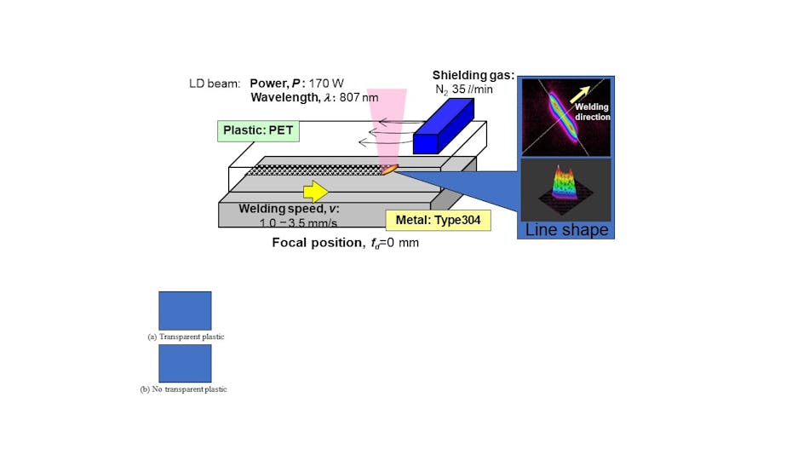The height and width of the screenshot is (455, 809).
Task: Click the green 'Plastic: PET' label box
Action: pyautogui.click(x=255, y=130)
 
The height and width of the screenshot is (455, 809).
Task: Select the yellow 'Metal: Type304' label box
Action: pyautogui.click(x=438, y=221)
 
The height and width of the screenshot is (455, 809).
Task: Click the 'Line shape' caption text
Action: pyautogui.click(x=566, y=230)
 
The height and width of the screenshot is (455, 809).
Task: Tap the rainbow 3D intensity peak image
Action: pyautogui.click(x=565, y=188)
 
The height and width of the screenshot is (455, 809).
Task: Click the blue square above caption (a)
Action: pyautogui.click(x=185, y=310)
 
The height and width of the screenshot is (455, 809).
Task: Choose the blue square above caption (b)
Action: pyautogui.click(x=185, y=363)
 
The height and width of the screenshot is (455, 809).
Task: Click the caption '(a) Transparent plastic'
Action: pyautogui.click(x=186, y=337)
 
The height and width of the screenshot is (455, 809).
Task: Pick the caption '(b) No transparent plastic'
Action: pyautogui.click(x=183, y=389)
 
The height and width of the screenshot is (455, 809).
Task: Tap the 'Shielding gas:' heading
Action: pyautogui.click(x=472, y=75)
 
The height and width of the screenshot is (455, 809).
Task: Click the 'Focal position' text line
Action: pyautogui.click(x=345, y=243)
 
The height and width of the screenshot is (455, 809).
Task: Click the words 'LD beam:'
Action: pyautogui.click(x=215, y=84)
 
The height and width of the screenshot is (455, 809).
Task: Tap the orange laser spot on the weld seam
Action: pyautogui.click(x=389, y=170)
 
